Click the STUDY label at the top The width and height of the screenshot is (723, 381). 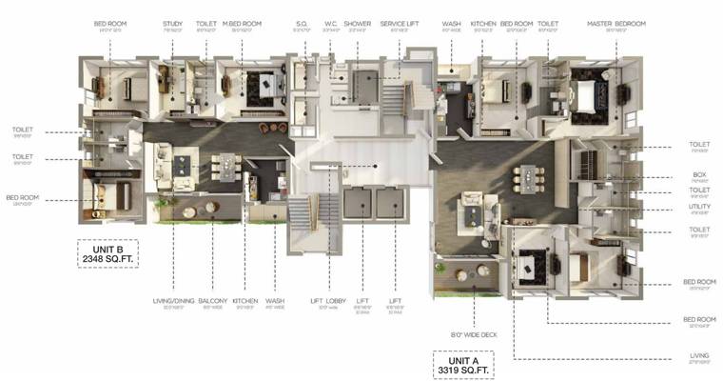pyautogui.click(x=172, y=23)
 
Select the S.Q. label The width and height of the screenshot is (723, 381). pyautogui.click(x=302, y=23)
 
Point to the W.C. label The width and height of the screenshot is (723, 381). pyautogui.click(x=331, y=23)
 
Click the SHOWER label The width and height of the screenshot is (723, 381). pyautogui.click(x=358, y=23)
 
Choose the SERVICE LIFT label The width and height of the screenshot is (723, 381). pyautogui.click(x=396, y=23)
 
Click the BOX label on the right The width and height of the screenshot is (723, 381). pyautogui.click(x=697, y=174)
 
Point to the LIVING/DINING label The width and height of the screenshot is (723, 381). pyautogui.click(x=173, y=300)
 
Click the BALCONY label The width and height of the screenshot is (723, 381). pyautogui.click(x=213, y=300)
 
